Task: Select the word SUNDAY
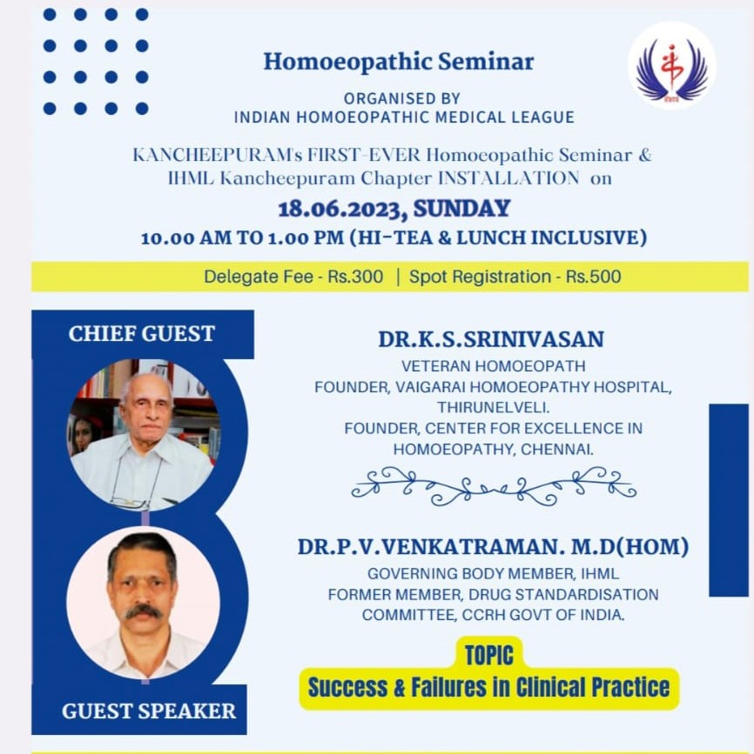461,209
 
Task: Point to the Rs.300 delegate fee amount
355,277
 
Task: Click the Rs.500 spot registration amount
593,277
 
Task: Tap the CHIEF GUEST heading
142,334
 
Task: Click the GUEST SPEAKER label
149,711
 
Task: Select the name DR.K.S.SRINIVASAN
491,339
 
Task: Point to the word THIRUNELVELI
493,408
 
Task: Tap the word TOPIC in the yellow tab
489,656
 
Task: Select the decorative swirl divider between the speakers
494,486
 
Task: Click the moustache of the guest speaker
143,611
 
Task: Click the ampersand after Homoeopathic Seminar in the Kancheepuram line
644,156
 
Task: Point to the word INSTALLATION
508,178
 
